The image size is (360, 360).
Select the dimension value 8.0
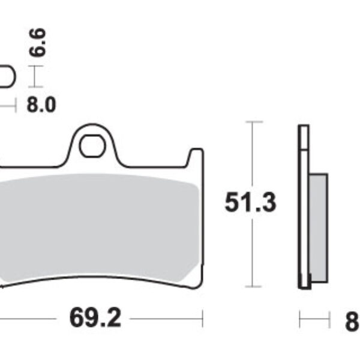tap(41, 105)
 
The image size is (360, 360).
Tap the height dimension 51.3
tap(250, 203)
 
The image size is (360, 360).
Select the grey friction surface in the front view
tap(99, 228)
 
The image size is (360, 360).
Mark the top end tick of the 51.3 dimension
tap(254, 122)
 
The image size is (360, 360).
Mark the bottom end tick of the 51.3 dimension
tap(254, 287)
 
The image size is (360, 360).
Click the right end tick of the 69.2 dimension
tap(203, 319)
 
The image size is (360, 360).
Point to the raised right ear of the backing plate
tap(194, 159)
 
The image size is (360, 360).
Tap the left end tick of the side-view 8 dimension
tap(299, 319)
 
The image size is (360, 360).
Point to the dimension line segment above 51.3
tap(254, 156)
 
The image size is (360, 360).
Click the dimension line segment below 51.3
tap(254, 252)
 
